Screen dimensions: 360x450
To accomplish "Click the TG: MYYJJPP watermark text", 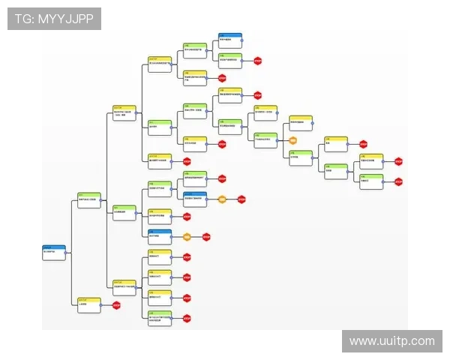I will (x=53, y=19).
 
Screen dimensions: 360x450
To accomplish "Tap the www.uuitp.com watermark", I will (x=392, y=341).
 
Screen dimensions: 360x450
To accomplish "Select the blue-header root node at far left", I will (x=54, y=252).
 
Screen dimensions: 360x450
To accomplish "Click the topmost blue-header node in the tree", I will (x=230, y=39).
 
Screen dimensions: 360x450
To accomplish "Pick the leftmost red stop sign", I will (x=116, y=304).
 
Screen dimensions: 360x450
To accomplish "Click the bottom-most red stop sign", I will (x=186, y=318).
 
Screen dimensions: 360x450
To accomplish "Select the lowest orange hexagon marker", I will (x=186, y=237).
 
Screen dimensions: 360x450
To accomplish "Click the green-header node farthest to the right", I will (x=371, y=181).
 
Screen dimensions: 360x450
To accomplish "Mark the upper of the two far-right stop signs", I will (x=398, y=160).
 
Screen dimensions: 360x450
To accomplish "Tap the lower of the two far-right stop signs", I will (x=398, y=181).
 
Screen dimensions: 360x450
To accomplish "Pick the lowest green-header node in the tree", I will (x=159, y=316).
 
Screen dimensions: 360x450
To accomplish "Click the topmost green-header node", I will (x=195, y=49).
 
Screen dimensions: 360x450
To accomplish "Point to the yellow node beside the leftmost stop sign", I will (x=88, y=304).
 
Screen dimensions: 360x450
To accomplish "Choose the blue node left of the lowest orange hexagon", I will (x=159, y=235).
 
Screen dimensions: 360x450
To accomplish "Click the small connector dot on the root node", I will (x=67, y=253).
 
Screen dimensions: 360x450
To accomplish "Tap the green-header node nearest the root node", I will (x=88, y=200).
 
